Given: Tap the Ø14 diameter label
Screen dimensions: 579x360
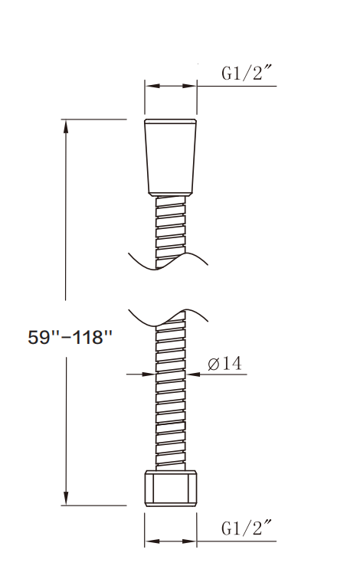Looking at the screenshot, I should (x=225, y=365).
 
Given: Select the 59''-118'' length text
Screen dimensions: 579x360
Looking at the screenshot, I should (x=70, y=338).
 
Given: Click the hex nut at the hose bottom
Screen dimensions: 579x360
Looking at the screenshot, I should (x=170, y=489).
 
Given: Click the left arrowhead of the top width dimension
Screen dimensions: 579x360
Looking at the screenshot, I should (x=149, y=86).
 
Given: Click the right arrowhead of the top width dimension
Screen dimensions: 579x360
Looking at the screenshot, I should (x=192, y=86).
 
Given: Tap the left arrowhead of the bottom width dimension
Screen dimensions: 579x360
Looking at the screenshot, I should (x=149, y=541).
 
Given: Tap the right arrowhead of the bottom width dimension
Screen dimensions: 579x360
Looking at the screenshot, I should (x=192, y=541).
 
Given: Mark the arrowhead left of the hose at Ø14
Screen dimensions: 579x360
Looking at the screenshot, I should (x=150, y=374).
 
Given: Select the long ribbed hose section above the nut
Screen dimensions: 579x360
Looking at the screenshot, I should (x=170, y=398).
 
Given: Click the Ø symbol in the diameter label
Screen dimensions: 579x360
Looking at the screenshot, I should (x=213, y=365).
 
